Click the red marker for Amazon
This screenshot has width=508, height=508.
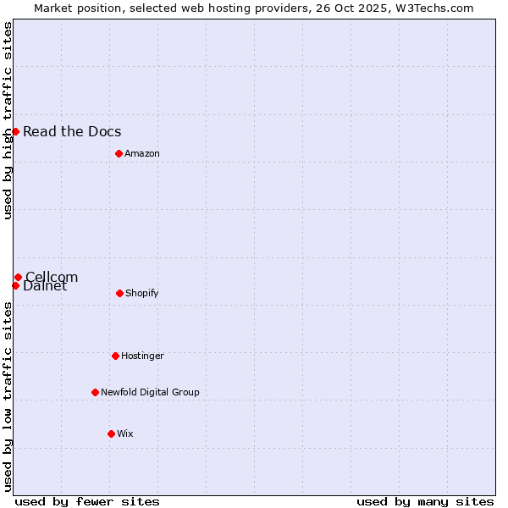coord(119,153)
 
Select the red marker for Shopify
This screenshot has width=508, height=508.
coord(119,293)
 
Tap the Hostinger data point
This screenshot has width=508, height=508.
coord(115,356)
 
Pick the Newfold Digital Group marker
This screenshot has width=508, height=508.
coord(95,392)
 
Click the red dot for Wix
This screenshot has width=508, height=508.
coord(111,433)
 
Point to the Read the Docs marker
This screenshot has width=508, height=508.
coord(15,131)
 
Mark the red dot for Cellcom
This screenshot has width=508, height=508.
coord(18,277)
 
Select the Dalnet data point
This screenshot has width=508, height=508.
coord(15,285)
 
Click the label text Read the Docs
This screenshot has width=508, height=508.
coord(72,131)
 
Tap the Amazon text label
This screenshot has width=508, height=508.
coord(142,153)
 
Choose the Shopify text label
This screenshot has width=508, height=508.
coord(142,293)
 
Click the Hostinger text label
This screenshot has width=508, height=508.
coord(142,356)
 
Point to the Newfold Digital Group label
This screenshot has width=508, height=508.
coord(150,392)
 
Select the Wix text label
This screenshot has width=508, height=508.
coord(125,433)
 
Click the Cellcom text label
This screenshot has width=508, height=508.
coord(52,276)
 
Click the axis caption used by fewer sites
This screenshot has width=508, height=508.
coord(87,501)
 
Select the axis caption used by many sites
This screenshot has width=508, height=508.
coord(425,501)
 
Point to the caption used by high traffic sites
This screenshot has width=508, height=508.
coord(8,120)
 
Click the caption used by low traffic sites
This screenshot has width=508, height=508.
coord(8,396)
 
